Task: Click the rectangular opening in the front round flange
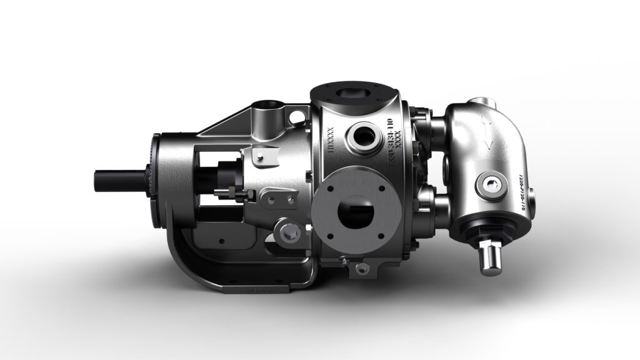(x=354, y=216)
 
